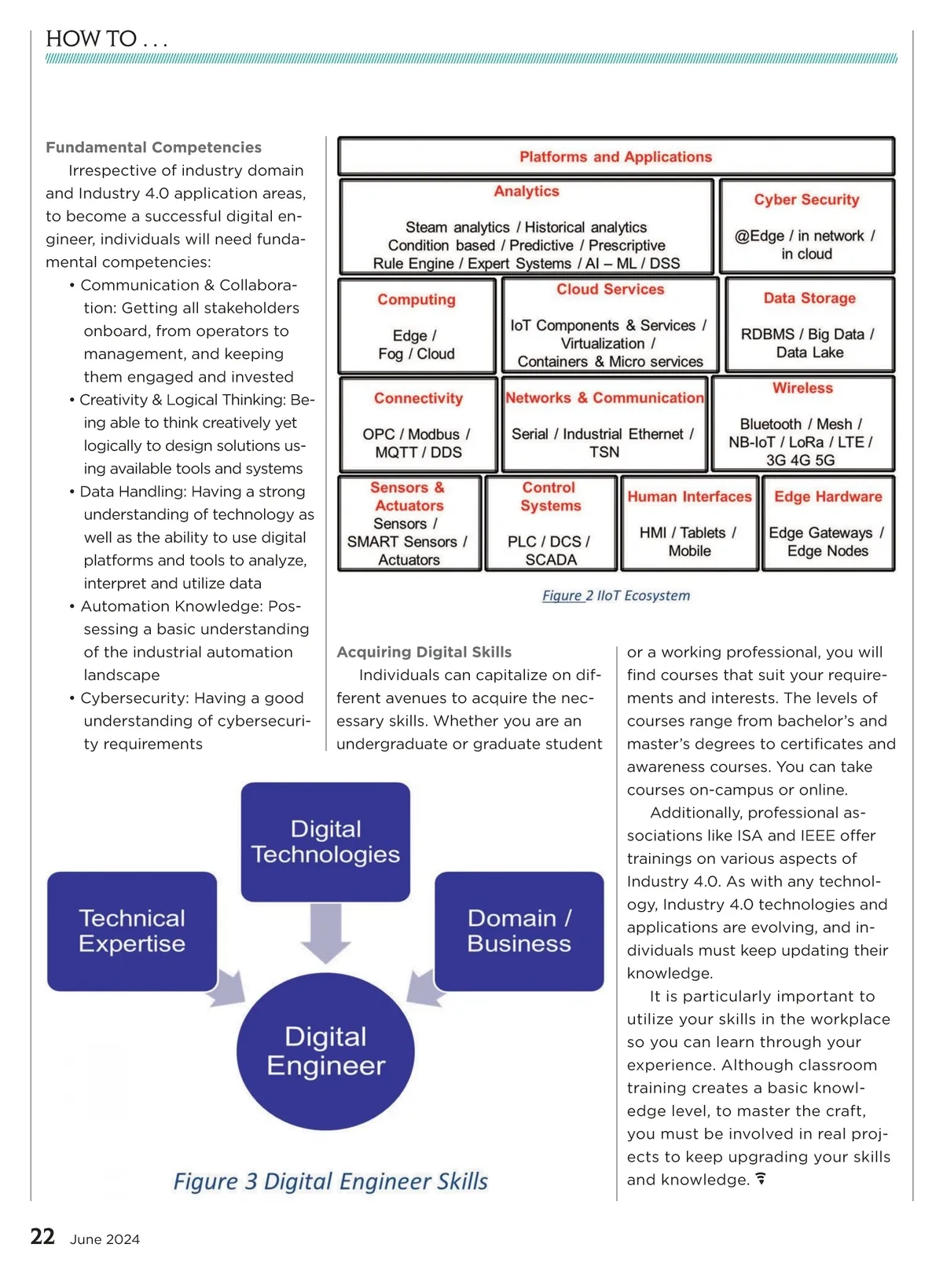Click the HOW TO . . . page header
106,38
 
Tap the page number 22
42,1237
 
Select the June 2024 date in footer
105,1239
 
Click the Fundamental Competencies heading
153,147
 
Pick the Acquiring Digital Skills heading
424,652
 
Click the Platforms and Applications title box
615,156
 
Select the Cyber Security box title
806,199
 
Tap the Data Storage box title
809,298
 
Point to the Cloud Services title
610,289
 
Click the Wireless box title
802,388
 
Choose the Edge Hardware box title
827,496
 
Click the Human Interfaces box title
689,496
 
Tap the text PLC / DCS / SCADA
549,550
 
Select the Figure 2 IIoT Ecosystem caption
615,595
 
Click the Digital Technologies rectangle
325,841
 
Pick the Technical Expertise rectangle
132,931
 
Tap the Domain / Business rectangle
519,931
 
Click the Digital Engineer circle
325,1052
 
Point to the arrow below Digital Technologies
325,934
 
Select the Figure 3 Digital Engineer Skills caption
330,1181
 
